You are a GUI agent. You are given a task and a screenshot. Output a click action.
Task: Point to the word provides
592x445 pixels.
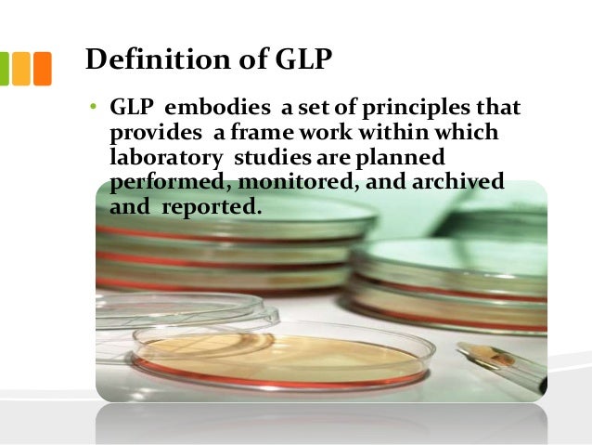149,135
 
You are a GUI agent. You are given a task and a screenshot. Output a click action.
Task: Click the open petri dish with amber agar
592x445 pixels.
278,353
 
